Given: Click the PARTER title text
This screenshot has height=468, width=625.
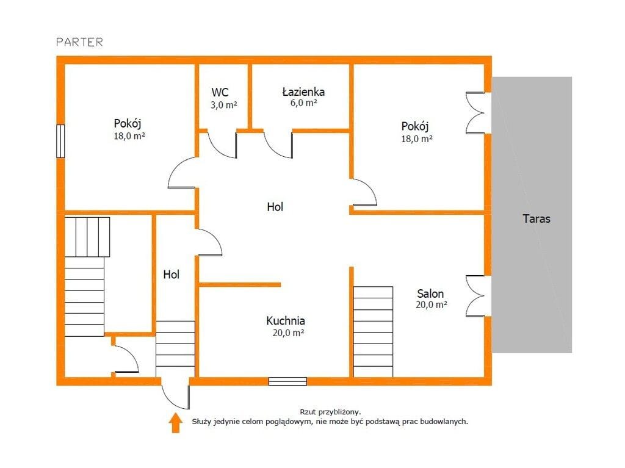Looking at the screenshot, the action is click(79, 42).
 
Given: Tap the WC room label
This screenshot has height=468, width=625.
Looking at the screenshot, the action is click(220, 93).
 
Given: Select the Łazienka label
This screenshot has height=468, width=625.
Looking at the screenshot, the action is click(303, 92).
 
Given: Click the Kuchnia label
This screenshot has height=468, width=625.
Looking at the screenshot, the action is click(286, 320).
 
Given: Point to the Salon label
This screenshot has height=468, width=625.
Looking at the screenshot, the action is click(430, 293).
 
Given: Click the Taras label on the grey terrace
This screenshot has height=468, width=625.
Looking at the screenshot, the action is click(536, 219).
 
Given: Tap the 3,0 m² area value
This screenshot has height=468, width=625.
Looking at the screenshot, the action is click(223, 105).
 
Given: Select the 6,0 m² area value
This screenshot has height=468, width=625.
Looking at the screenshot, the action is click(304, 103).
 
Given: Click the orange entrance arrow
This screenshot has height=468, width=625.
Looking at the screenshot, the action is click(175, 423).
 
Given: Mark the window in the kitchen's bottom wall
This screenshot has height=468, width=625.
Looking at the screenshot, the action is click(288, 381).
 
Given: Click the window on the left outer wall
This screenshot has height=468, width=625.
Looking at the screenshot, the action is click(60, 141).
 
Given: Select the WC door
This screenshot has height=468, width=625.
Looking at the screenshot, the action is click(222, 145).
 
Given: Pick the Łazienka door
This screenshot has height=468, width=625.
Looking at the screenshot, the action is click(278, 145).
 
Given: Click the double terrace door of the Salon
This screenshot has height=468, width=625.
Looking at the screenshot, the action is click(475, 296).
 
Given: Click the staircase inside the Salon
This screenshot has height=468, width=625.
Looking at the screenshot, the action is click(373, 332).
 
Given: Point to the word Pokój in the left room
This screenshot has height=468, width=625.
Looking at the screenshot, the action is click(128, 124).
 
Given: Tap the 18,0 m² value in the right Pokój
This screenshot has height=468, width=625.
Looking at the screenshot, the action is click(416, 139).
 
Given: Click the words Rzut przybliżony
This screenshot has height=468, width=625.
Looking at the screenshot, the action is click(330, 412).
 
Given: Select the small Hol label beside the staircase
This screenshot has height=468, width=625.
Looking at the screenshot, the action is click(172, 274).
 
